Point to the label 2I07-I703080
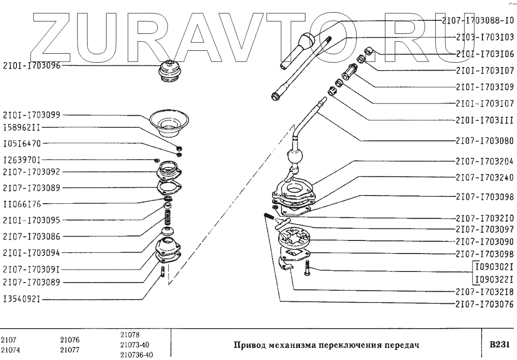tap(485, 141)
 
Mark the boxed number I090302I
tap(493, 267)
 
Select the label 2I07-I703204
tap(485, 161)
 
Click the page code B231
tap(499, 345)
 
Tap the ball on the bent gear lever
tap(295, 157)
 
